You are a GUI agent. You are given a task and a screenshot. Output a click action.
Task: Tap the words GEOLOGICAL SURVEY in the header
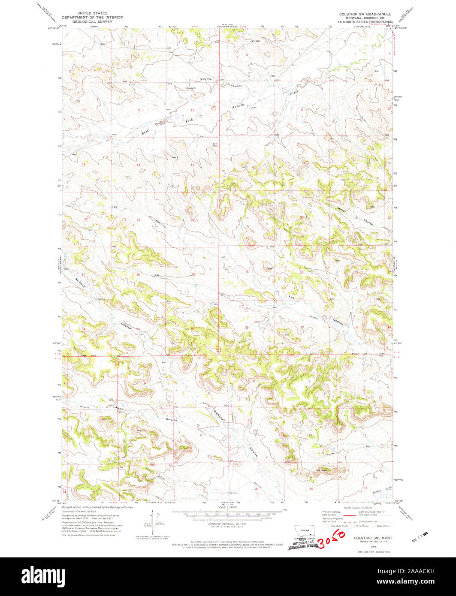92,21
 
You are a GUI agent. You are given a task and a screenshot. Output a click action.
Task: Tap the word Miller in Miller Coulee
342,210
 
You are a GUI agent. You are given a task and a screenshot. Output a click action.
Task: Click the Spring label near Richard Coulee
101,299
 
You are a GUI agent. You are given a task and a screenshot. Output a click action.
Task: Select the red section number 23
139,220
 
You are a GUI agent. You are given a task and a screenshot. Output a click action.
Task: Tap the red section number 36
192,329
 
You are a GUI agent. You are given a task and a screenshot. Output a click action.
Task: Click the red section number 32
302,328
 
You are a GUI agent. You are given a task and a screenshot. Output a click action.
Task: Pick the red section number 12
193,111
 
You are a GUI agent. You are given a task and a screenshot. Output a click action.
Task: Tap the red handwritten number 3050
333,539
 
